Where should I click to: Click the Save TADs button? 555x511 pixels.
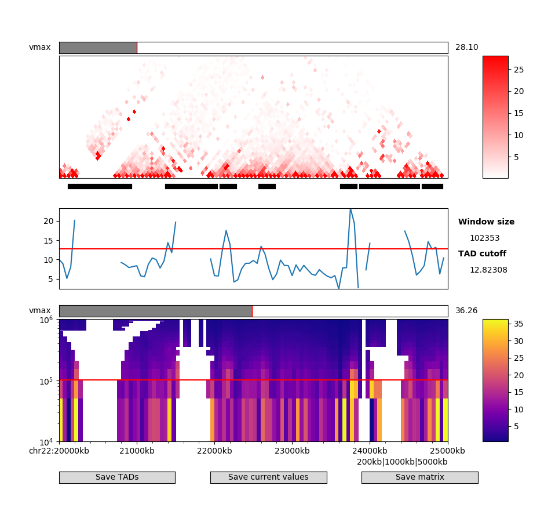click(x=117, y=477)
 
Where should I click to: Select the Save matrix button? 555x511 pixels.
click(x=419, y=477)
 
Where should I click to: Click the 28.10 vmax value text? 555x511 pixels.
click(x=466, y=48)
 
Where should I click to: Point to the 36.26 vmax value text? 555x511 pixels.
click(x=466, y=311)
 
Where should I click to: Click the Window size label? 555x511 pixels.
click(x=486, y=222)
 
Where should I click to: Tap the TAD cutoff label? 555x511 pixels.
click(x=482, y=254)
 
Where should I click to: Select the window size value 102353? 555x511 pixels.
click(x=484, y=238)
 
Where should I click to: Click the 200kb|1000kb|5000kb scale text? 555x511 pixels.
click(x=402, y=462)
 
